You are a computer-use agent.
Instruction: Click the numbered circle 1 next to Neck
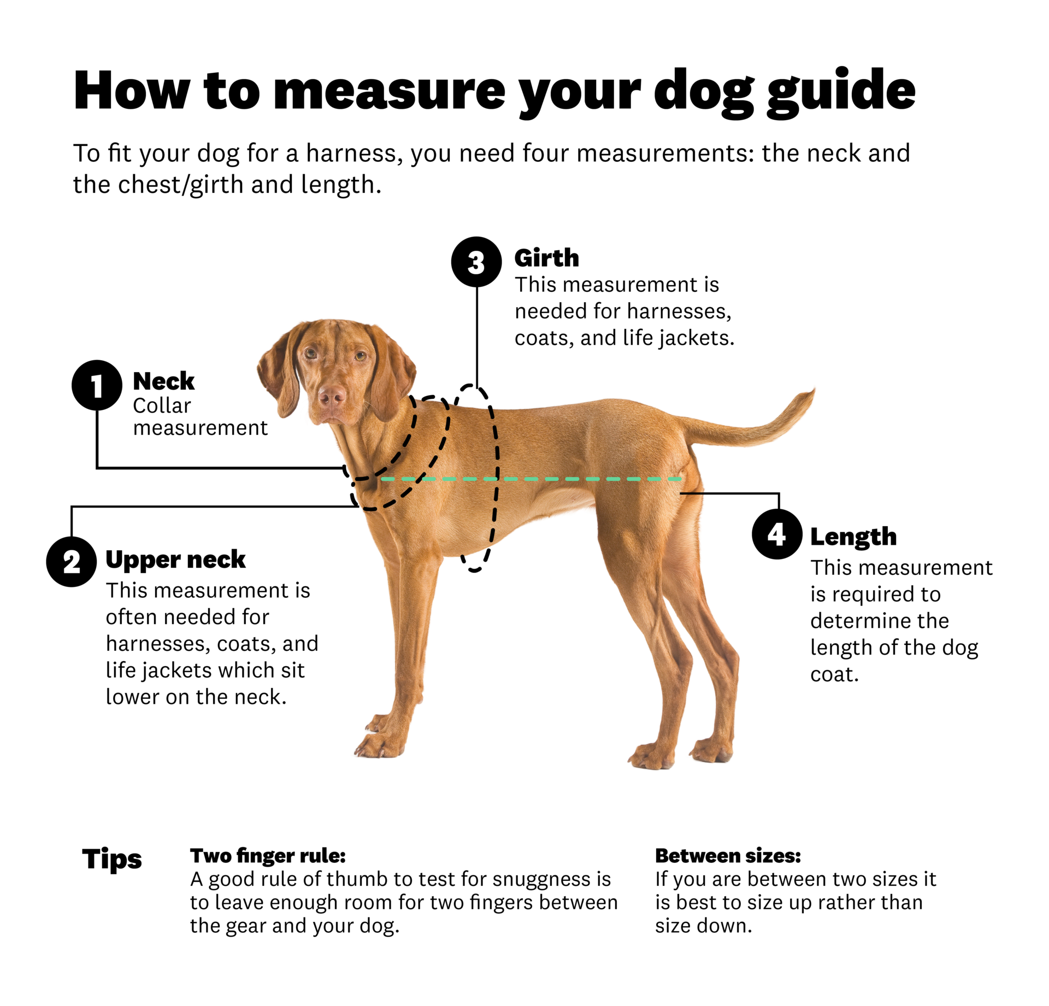coord(97,385)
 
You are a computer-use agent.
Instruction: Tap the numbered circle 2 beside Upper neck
coord(72,562)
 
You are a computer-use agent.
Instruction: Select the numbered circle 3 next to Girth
coord(476,262)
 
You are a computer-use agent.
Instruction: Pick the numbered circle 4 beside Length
coord(777,534)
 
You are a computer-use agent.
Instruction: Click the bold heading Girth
coord(546,258)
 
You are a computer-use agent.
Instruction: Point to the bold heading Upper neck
coord(175,560)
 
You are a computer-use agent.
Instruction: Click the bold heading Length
coord(853,537)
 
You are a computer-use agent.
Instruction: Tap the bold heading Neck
coord(163,381)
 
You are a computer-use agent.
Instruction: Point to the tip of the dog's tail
coord(812,391)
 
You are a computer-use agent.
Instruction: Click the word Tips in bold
coord(112,858)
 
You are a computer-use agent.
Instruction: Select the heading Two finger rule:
coord(268,856)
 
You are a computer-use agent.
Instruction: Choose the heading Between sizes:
coord(728,856)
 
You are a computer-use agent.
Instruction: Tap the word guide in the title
coord(841,92)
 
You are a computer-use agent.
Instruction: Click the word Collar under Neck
coord(162,405)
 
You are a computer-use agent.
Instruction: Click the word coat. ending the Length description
coord(834,674)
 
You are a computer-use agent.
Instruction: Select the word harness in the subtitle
coord(353,153)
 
